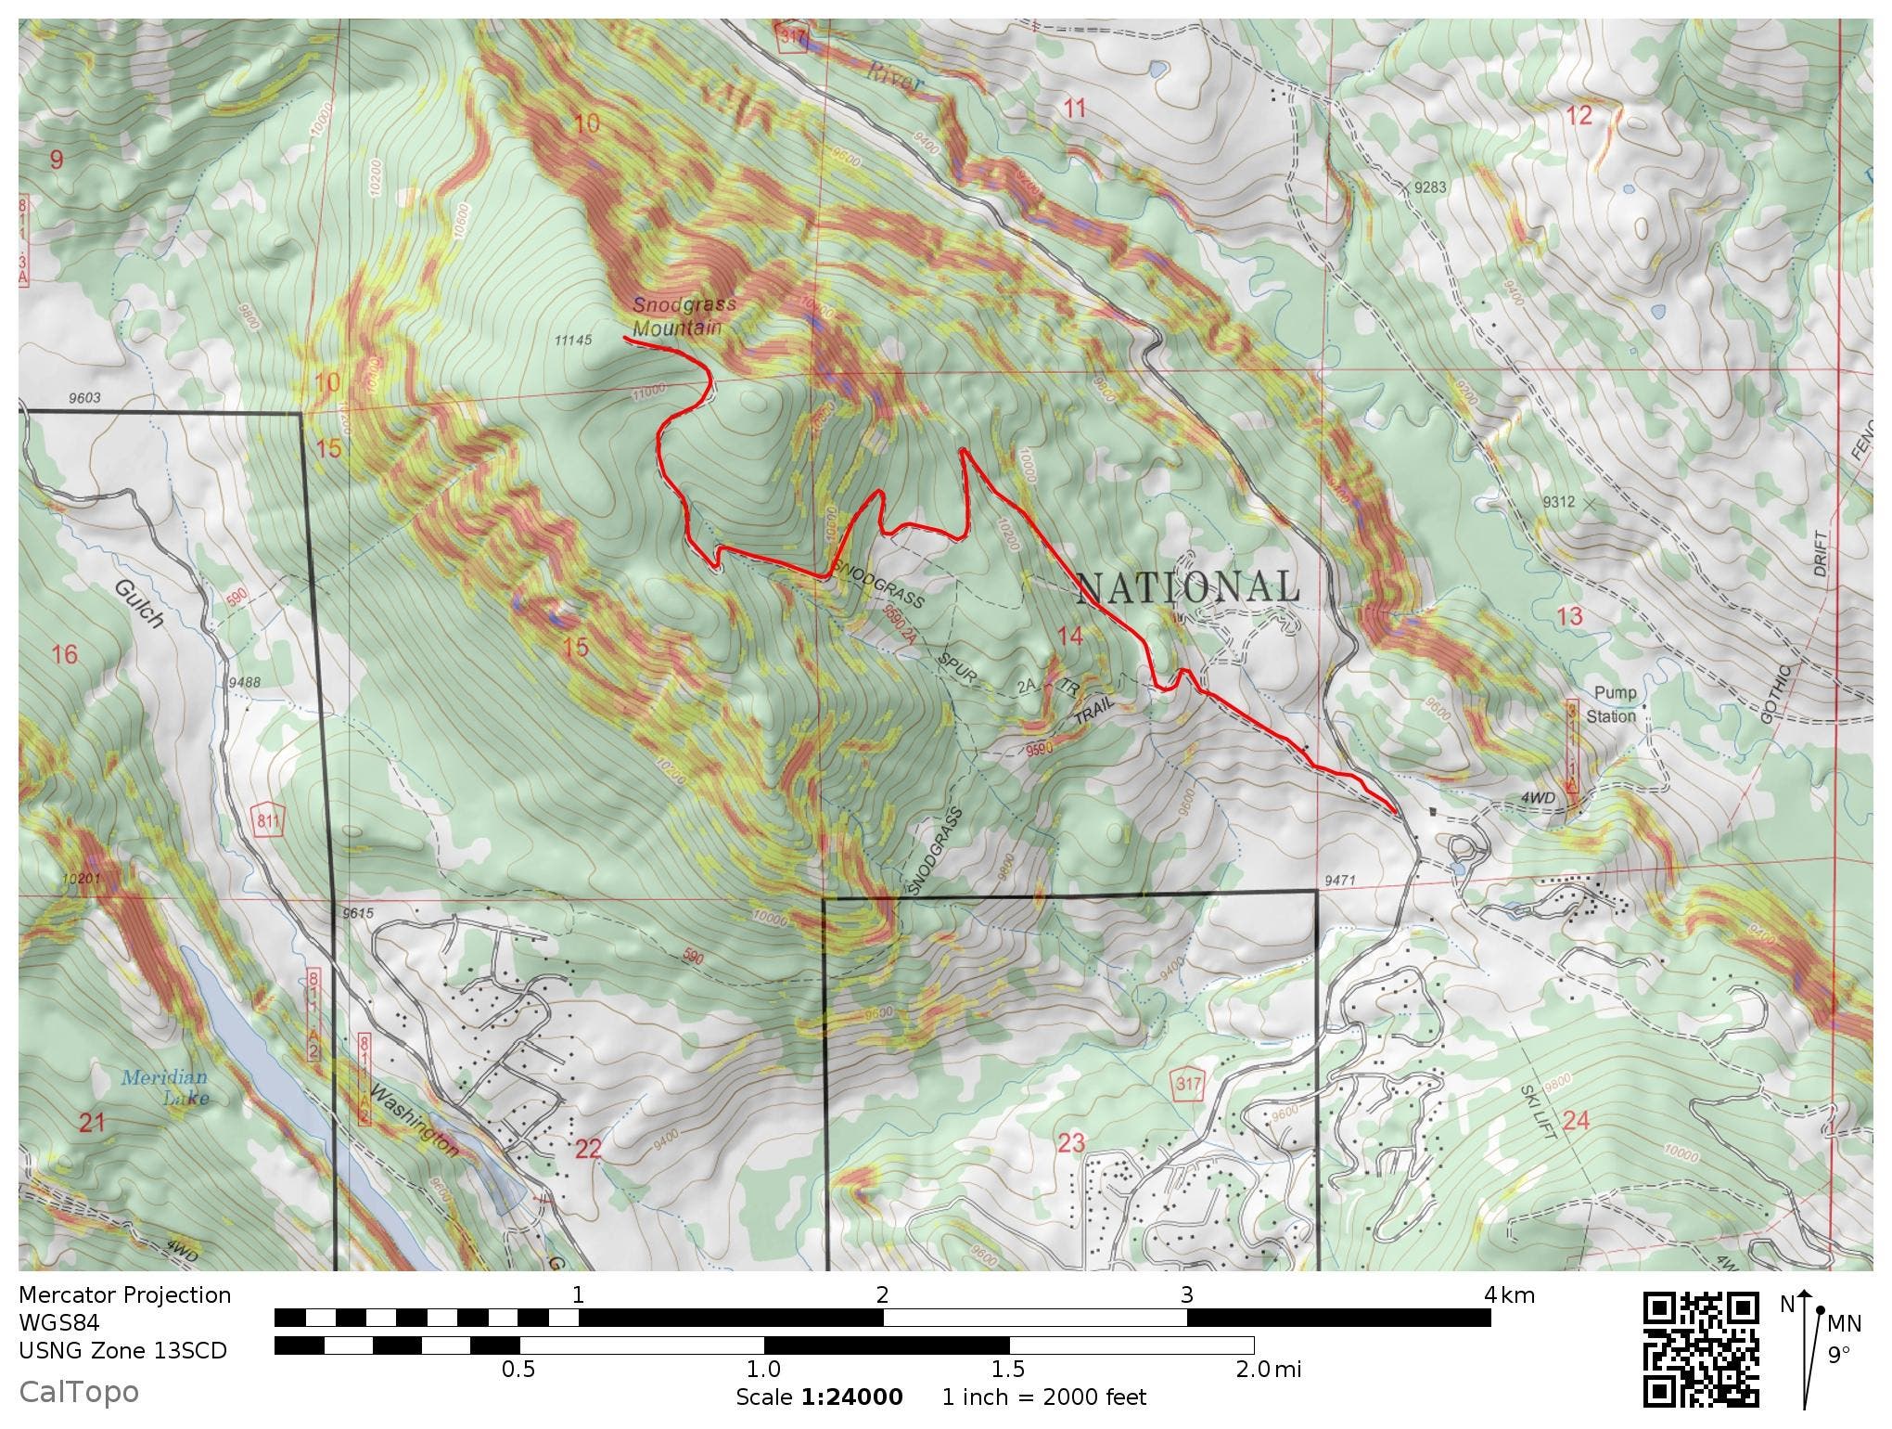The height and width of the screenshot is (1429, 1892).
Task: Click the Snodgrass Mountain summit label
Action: pos(684,316)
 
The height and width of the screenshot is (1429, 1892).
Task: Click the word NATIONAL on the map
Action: pos(1187,587)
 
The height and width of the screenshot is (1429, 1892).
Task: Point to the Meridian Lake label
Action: pos(164,1088)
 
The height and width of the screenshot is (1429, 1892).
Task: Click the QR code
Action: pos(1701,1349)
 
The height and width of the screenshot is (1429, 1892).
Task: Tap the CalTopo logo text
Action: pos(79,1392)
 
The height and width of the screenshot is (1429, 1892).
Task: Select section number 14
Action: pos(1069,636)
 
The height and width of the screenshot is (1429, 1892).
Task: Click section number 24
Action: pos(1576,1121)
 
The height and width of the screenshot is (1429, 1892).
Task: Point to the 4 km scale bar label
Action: pos(1509,1295)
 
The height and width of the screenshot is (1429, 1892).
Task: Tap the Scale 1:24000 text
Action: pos(819,1397)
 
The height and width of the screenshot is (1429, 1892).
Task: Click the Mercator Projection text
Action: pos(124,1295)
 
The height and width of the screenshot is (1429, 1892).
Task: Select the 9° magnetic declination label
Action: pos(1838,1356)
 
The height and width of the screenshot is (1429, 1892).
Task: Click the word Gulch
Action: pos(140,604)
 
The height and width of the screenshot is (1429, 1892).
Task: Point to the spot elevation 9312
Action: pos(1559,502)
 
